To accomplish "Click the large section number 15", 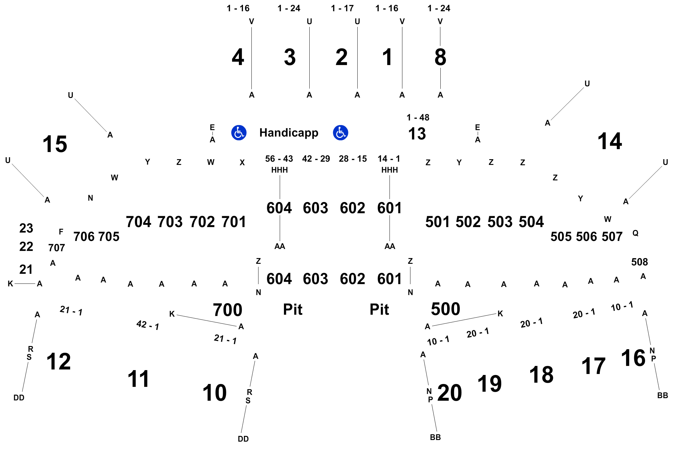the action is (x=55, y=144).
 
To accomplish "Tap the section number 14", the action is (x=610, y=141).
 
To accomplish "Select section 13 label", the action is (x=417, y=134).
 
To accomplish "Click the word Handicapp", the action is (x=289, y=133).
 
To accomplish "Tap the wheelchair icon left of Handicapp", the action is (x=239, y=133).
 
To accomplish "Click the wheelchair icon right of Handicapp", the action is (x=341, y=133).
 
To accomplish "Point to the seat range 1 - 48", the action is (x=418, y=118).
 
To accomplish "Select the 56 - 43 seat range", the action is (x=279, y=159).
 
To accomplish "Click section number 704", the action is (x=138, y=222).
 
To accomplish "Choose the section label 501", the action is (x=437, y=222).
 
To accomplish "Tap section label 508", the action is (x=640, y=262).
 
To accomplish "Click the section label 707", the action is (x=57, y=248).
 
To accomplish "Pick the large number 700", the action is (x=228, y=310).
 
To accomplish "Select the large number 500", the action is (x=446, y=309).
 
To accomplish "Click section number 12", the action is (x=59, y=361).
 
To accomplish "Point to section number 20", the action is (x=450, y=393).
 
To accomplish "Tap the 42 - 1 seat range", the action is (x=148, y=325).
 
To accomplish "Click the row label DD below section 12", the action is (x=19, y=398).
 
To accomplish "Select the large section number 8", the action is (x=440, y=57).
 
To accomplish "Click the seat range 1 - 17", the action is (x=343, y=8).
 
